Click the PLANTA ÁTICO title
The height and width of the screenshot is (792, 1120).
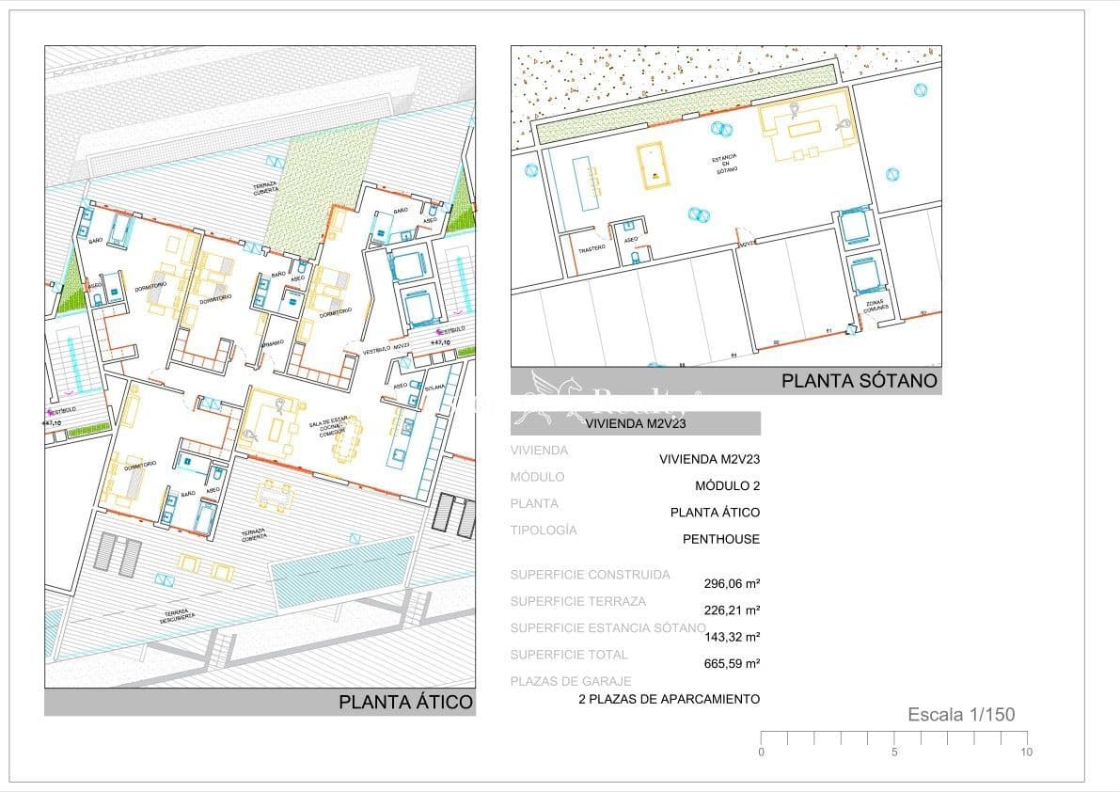(405, 702)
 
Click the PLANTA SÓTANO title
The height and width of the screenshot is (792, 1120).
(860, 381)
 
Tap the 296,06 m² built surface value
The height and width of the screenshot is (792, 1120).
(732, 583)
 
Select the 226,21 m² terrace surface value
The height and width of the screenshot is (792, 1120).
(732, 610)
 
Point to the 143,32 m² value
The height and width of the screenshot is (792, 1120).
(732, 637)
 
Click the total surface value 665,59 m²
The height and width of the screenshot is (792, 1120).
(732, 663)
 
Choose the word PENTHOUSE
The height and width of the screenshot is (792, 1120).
(720, 539)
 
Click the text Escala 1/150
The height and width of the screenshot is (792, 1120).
(961, 715)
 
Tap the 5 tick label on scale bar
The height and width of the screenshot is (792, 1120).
(894, 752)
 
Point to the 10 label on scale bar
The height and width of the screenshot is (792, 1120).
(1027, 752)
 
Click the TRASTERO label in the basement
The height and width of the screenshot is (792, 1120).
(592, 249)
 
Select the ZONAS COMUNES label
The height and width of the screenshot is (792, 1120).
(875, 306)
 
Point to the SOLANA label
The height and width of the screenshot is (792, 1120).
(434, 387)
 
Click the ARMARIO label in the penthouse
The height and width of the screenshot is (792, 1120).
(274, 343)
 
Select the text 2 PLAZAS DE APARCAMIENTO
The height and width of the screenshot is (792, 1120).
(669, 699)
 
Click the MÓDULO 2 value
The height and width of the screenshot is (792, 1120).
(727, 486)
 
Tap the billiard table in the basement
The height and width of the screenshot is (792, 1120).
(650, 166)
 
